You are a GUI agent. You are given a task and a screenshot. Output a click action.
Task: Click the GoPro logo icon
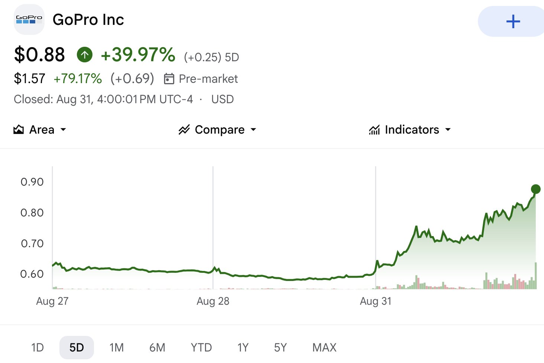coord(29,19)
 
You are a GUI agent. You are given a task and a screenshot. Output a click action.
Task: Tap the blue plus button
coord(512,22)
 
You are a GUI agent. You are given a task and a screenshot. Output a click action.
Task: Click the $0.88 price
coord(39,55)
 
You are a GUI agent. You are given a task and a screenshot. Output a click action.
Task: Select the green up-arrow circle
coord(85,55)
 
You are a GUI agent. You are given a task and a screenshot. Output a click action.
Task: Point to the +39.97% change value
coord(138,55)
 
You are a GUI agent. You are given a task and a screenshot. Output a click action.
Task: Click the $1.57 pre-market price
coord(29,78)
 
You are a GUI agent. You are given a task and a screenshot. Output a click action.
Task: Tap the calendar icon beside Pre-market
coord(169,79)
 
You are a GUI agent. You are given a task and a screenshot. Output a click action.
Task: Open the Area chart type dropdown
coord(40,130)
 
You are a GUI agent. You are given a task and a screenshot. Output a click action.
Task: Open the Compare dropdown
coord(217,130)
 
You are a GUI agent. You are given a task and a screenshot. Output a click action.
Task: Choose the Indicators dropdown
coord(410,130)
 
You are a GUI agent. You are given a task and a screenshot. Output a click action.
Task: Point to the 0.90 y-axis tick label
coord(32,182)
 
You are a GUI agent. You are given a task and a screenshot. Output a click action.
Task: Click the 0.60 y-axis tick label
coord(32,274)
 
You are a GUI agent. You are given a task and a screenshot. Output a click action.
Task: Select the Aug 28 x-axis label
coord(213,301)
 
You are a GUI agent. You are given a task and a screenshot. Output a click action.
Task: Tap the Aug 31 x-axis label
coord(376,301)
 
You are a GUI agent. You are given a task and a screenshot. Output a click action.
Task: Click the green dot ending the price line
coord(535,189)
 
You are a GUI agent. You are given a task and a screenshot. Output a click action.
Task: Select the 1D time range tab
coord(38,347)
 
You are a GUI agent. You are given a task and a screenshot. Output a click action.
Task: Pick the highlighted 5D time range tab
coord(76,347)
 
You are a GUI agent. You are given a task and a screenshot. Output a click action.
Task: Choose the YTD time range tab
coord(201,347)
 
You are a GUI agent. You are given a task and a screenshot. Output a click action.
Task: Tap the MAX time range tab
coord(324,347)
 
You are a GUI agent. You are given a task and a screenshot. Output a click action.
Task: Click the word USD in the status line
coord(222,99)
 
